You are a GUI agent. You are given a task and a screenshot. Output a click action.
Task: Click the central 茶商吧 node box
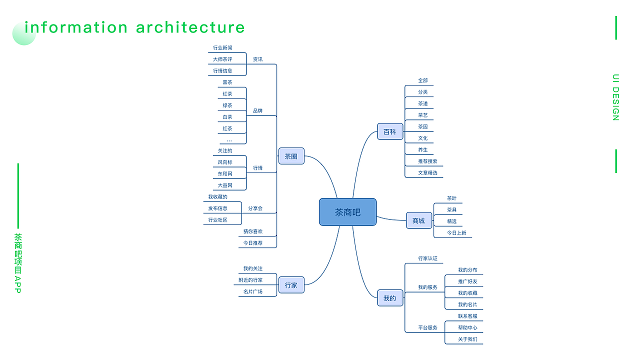pos(347,212)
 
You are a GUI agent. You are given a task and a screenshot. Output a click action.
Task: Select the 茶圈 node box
pos(291,156)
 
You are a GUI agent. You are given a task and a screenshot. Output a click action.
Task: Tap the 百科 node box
pos(389,131)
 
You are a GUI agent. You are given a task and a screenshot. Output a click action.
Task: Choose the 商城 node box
pos(418,220)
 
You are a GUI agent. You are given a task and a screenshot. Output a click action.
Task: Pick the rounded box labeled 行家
pos(291,285)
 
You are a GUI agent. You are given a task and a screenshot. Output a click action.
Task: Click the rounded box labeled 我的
pos(389,298)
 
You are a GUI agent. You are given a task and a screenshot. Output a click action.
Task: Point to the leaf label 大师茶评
pos(222,59)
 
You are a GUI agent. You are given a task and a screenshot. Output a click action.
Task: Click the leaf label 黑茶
pos(227,82)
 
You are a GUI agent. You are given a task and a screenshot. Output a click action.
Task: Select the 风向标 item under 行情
pos(225,162)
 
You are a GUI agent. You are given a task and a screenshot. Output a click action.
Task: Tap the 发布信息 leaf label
pos(217,208)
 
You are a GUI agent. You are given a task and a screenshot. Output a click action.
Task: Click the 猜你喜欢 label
pos(253,231)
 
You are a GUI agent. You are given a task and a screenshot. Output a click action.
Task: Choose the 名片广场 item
pos(253,291)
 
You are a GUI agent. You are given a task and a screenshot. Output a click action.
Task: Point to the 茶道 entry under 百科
pos(423,103)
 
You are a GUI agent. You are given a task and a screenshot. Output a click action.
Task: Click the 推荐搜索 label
pos(427,161)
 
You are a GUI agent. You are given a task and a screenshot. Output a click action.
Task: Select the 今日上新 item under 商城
pos(456,232)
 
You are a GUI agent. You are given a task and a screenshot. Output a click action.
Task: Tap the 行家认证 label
pos(427,258)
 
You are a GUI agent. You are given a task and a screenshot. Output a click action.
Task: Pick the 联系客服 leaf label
pos(467,316)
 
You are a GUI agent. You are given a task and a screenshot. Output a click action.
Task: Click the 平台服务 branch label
pos(427,327)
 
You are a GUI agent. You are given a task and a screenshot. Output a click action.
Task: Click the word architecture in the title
pos(190,27)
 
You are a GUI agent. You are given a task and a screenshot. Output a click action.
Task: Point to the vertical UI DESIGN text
pos(616,97)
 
